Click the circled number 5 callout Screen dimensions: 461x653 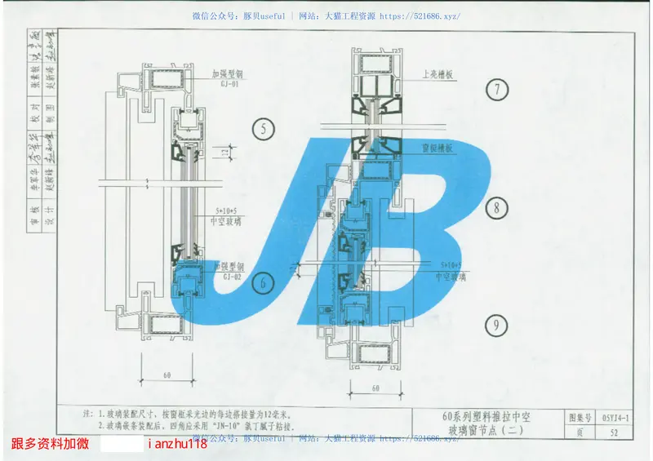[263, 129]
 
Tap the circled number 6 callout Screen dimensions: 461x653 [263, 284]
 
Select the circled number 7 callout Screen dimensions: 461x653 [496, 90]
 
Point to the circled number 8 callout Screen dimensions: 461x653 [496, 208]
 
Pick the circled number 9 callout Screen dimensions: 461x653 [496, 326]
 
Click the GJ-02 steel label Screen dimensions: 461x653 [232, 277]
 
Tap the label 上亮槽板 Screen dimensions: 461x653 [438, 73]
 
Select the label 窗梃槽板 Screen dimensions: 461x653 [438, 149]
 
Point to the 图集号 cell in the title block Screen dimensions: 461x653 [577, 418]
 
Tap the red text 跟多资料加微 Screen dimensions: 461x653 [47, 443]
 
